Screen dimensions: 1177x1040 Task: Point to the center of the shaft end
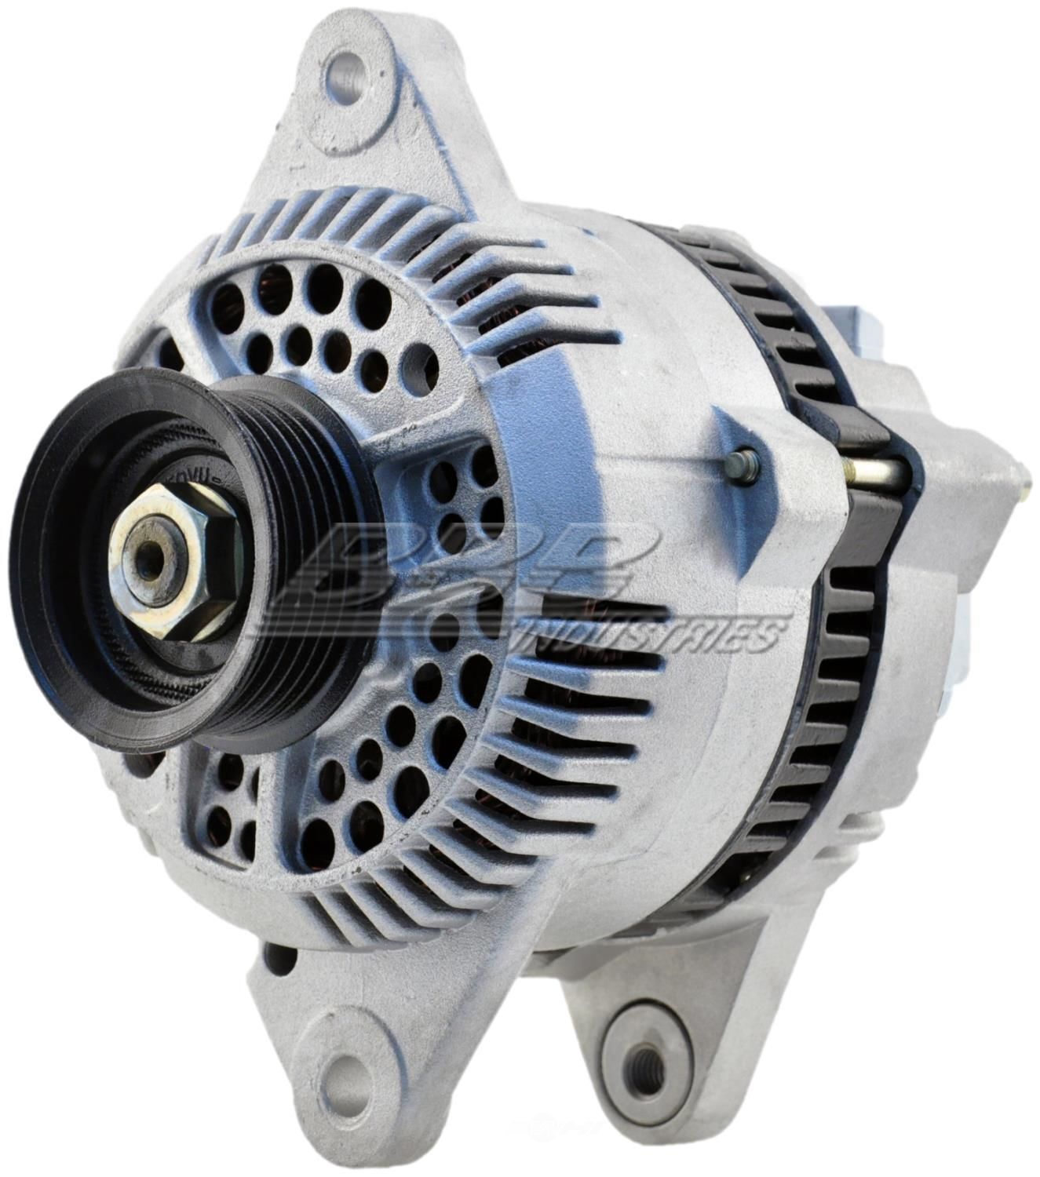point(149,552)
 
